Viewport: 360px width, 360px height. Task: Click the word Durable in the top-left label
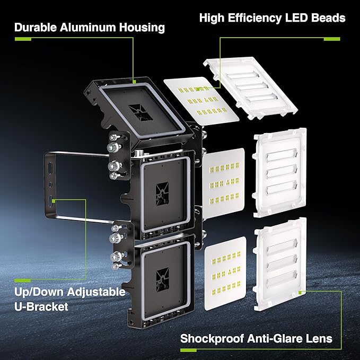37,27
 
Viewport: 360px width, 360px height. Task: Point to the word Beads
327,18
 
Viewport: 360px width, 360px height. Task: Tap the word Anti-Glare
278,338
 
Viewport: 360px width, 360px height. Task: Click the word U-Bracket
42,306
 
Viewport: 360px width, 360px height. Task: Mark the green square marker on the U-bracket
54,200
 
